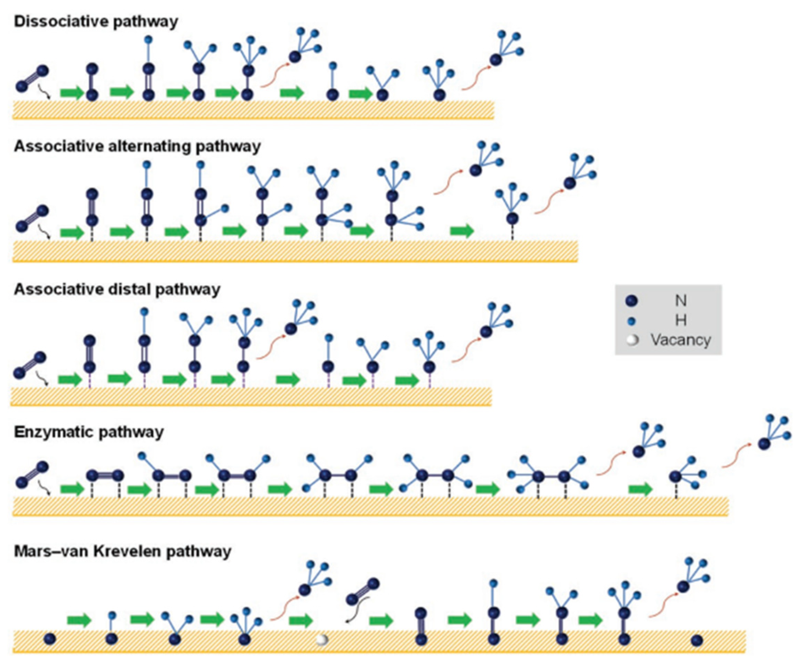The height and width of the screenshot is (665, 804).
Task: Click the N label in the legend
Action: point(680,301)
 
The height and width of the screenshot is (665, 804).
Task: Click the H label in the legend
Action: point(680,321)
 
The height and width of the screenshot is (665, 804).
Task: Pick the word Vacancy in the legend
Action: point(681,340)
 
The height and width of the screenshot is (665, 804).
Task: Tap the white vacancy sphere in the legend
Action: point(632,340)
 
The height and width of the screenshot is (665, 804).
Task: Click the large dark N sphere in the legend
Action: point(631,301)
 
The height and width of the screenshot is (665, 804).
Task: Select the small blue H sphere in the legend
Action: point(632,321)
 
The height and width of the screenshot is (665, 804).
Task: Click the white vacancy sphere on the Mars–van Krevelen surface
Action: point(322,639)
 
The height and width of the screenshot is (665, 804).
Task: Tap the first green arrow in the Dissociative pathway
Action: point(72,93)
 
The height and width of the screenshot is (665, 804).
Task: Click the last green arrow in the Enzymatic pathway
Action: point(640,489)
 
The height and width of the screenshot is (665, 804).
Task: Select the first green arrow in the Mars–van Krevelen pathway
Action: point(79,620)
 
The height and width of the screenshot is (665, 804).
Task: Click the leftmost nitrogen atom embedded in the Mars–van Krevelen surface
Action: point(50,639)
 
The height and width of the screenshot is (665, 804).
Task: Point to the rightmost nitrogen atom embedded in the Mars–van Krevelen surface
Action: point(696,640)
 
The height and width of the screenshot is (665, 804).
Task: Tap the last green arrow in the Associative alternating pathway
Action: point(462,231)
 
